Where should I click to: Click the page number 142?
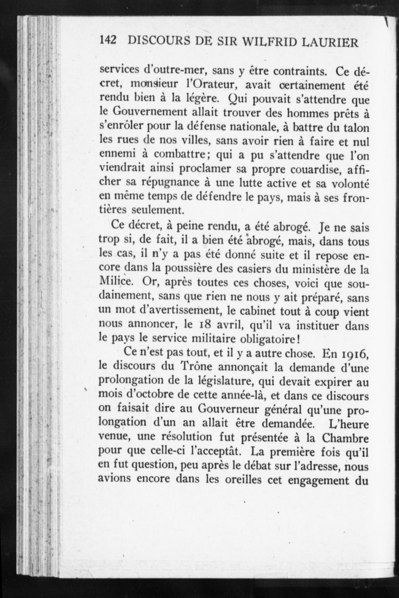108,41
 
